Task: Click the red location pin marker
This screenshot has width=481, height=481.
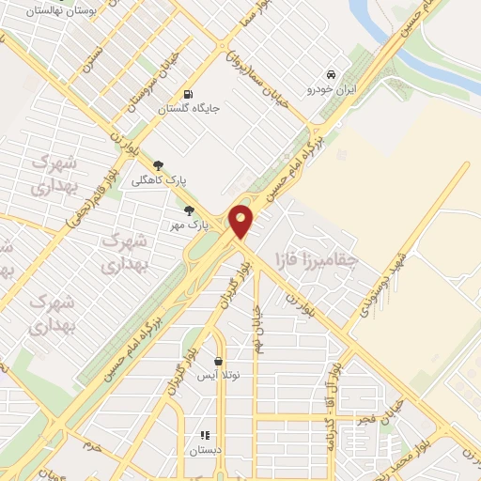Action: (241, 222)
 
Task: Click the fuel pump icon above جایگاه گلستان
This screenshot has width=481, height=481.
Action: (189, 94)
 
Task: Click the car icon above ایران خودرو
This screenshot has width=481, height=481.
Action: (330, 74)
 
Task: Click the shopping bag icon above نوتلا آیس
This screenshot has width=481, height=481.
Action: (219, 361)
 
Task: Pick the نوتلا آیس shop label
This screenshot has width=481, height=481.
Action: (218, 376)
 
